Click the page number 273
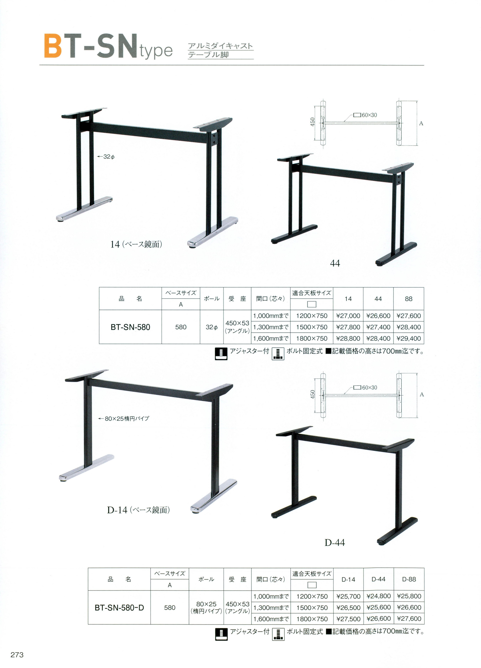[17, 655]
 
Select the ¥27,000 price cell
[348, 316]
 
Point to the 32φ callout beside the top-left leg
[106, 157]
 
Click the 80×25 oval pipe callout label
[124, 418]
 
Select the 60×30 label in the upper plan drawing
[369, 115]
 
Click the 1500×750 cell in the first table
[312, 327]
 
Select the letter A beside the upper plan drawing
[421, 123]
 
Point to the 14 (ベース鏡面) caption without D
[136, 244]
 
